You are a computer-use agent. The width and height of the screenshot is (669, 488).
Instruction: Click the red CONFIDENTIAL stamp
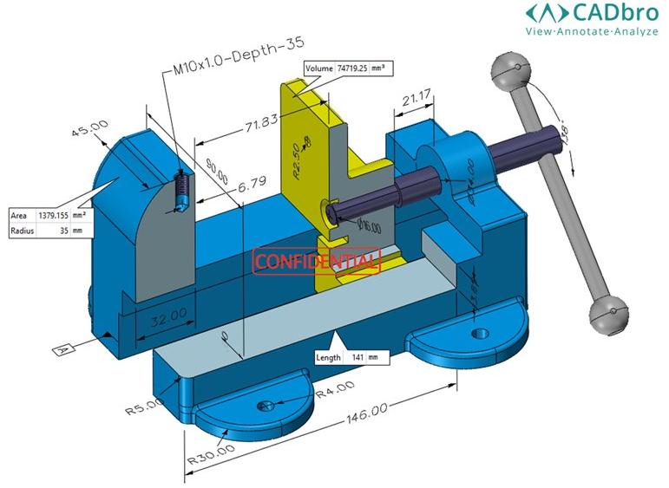point(316,261)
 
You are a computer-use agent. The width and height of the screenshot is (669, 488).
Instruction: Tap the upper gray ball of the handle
point(509,69)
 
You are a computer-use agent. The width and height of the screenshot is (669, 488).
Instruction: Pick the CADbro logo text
point(594,12)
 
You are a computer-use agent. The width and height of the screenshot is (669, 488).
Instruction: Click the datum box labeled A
point(62,349)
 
